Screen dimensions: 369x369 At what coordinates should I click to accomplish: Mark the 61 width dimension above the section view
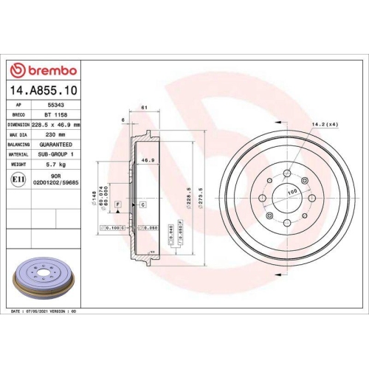[x=143, y=108]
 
